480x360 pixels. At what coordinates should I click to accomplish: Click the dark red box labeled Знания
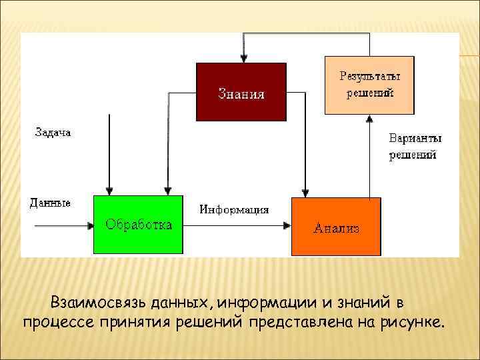[x=241, y=91]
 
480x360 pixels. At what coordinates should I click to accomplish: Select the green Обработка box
[x=138, y=225]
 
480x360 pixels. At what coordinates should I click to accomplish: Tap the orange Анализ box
[x=336, y=227]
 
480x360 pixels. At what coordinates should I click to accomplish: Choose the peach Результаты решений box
[x=369, y=85]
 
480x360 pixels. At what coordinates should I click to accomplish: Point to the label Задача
[x=53, y=133]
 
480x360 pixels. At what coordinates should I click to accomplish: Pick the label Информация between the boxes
[x=234, y=209]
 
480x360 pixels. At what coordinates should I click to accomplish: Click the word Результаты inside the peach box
[x=369, y=77]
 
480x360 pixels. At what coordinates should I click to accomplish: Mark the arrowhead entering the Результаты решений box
[x=369, y=118]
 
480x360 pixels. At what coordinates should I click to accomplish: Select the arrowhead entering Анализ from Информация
[x=287, y=226]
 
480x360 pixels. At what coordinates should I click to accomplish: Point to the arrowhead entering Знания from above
[x=244, y=59]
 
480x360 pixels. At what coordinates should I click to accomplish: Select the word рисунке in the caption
[x=413, y=323]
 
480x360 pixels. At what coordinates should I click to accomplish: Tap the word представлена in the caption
[x=293, y=323]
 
